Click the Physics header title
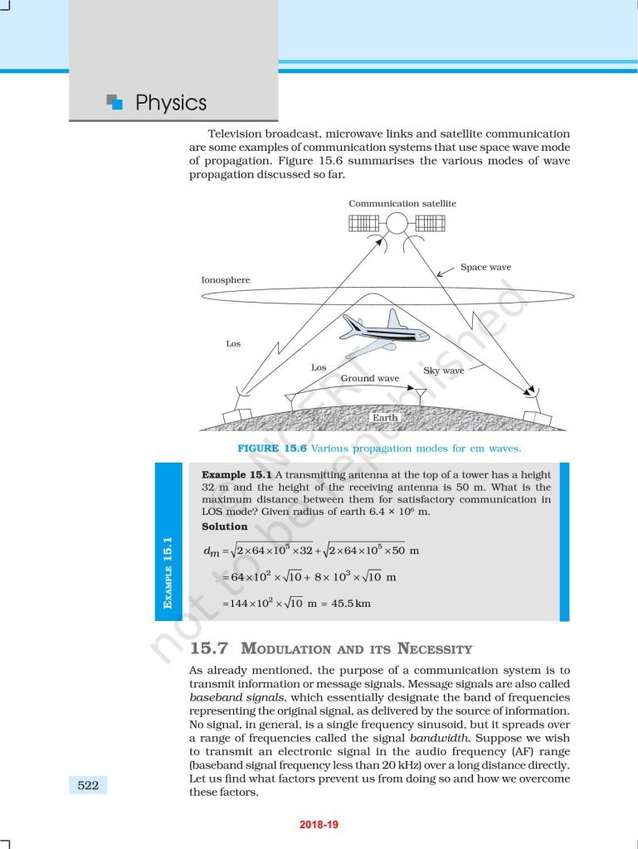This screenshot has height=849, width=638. tap(170, 103)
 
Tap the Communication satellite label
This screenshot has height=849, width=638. tap(402, 203)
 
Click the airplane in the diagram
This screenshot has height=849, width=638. tap(383, 334)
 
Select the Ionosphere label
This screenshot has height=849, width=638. tap(226, 280)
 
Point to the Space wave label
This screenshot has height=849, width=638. tap(485, 267)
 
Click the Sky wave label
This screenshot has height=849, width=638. tap(444, 371)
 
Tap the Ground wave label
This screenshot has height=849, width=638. tap(370, 378)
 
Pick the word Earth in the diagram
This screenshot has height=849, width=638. tap(385, 418)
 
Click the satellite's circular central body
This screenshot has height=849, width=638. tap(397, 223)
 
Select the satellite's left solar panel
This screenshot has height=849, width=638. tap(363, 223)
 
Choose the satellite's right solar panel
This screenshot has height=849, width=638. tap(430, 223)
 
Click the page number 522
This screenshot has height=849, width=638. tap(88, 784)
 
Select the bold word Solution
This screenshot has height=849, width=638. tap(225, 526)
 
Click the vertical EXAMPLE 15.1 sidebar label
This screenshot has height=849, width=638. tap(168, 573)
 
